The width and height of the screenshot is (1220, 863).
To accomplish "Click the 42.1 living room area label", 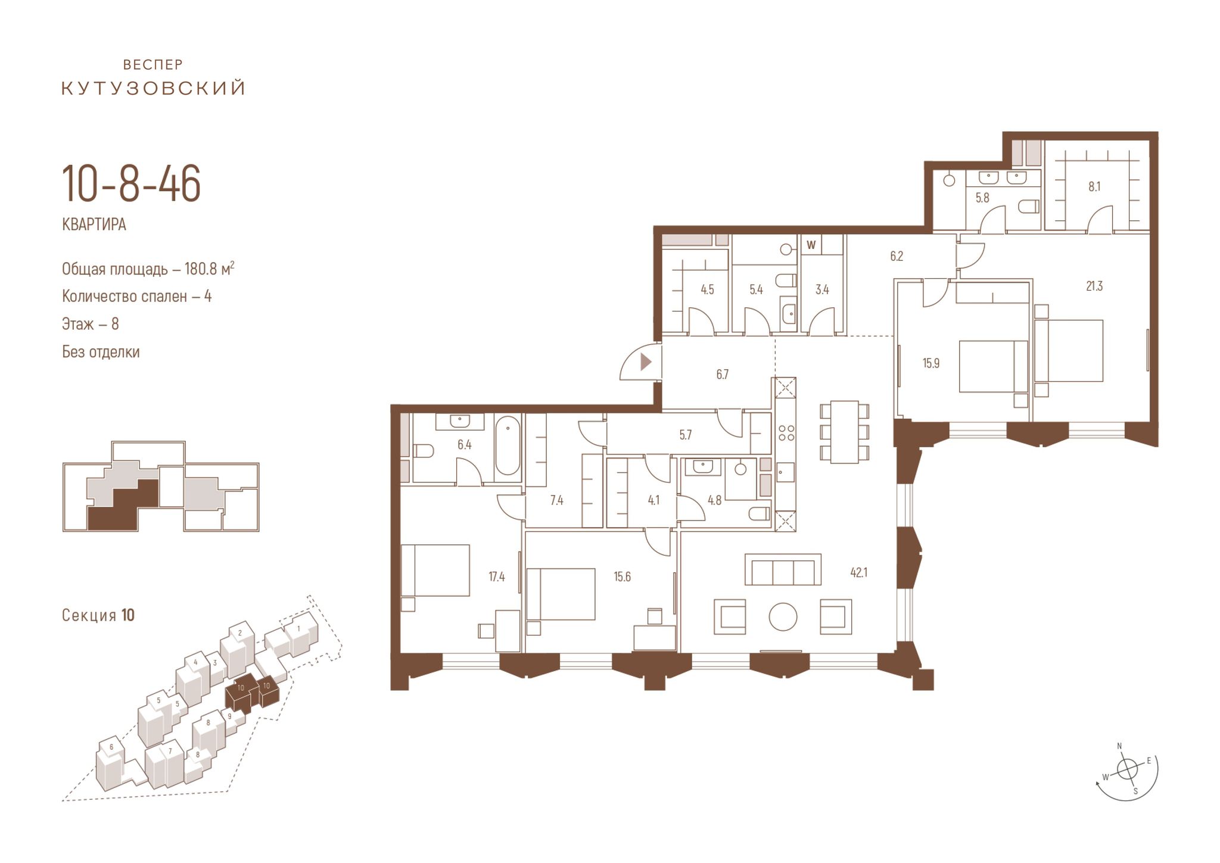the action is click(x=858, y=573).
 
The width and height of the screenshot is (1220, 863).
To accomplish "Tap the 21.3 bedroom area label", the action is click(x=1094, y=286).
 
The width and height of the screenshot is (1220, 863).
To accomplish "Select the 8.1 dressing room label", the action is click(x=1094, y=187).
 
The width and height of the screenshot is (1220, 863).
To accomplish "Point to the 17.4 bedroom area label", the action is click(x=497, y=577).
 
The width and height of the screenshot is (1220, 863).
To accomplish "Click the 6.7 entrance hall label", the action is click(x=722, y=375).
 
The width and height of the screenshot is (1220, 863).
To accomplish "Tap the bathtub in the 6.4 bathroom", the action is click(x=508, y=445).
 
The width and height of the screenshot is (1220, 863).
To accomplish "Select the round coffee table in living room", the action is click(x=783, y=616).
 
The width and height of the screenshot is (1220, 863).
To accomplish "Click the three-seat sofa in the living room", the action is click(x=783, y=570).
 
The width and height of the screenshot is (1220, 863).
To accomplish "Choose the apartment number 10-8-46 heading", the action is click(x=131, y=185).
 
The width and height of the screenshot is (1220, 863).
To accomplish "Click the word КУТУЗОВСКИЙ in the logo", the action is click(x=154, y=89).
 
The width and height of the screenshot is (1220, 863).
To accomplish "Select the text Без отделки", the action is click(x=101, y=352).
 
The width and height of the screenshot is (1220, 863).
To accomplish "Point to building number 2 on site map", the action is click(x=239, y=633).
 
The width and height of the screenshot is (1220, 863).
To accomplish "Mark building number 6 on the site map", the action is click(x=111, y=747).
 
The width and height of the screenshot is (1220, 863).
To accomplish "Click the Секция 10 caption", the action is click(x=98, y=615).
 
